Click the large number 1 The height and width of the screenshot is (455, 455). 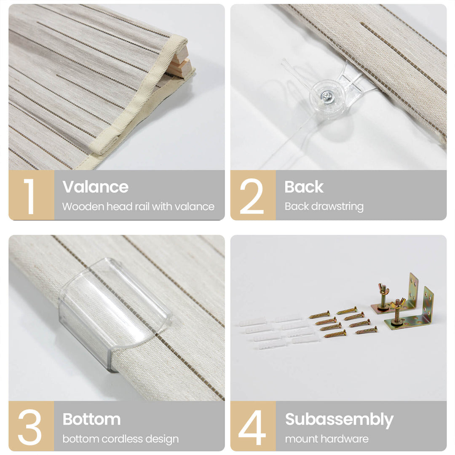pyautogui.click(x=29, y=196)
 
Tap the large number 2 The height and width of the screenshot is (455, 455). pyautogui.click(x=252, y=196)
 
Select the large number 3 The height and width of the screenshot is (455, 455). pyautogui.click(x=29, y=427)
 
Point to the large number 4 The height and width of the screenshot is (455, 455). pyautogui.click(x=252, y=427)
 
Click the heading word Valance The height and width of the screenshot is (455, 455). pyautogui.click(x=95, y=187)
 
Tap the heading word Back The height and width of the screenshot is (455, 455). pyautogui.click(x=304, y=187)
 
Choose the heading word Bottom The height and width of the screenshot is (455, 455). pyautogui.click(x=92, y=419)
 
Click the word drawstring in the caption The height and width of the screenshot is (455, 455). pyautogui.click(x=337, y=206)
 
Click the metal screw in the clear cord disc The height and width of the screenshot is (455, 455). pyautogui.click(x=327, y=96)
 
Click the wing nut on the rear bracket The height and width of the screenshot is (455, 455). pyautogui.click(x=384, y=289)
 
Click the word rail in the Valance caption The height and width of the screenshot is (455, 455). pyautogui.click(x=140, y=206)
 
